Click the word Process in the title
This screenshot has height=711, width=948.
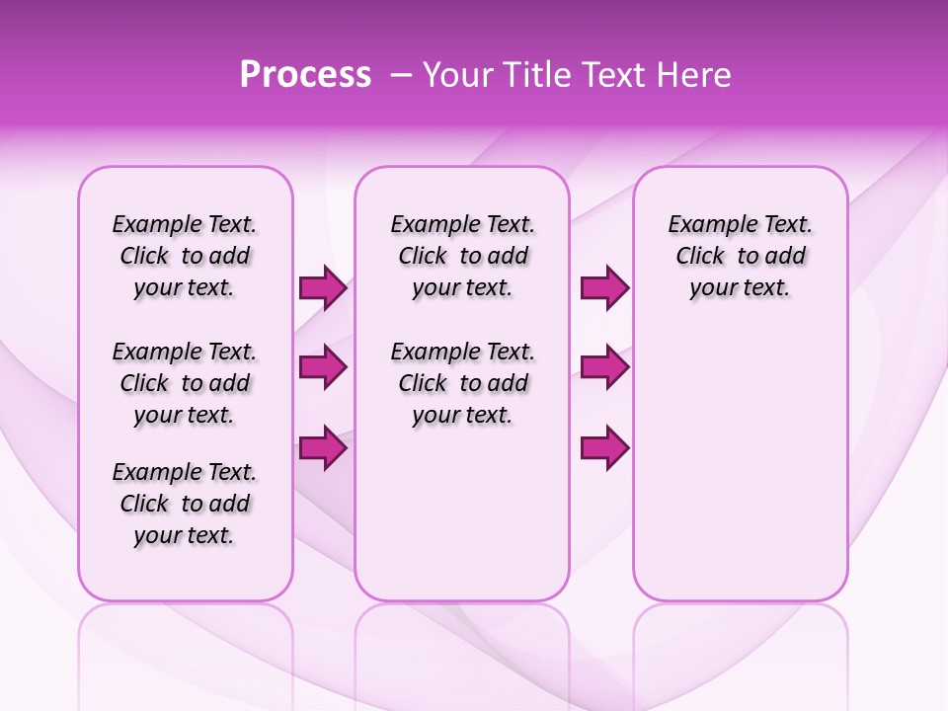point(305,75)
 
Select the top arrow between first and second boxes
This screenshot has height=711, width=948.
point(323,288)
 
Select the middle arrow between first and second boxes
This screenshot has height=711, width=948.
point(323,367)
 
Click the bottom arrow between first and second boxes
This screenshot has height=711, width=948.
point(323,447)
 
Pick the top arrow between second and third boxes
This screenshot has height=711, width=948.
point(604,288)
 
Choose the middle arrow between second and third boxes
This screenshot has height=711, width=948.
point(604,367)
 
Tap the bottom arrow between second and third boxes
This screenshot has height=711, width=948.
point(604,447)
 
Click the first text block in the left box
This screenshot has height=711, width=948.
point(185,256)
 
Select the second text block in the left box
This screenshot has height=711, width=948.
point(185,383)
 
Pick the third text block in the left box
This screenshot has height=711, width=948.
point(185,504)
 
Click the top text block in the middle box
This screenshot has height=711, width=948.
point(462,256)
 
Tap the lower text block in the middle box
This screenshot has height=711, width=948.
point(462,383)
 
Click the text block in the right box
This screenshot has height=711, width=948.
point(741,256)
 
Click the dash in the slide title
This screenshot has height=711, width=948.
point(401,76)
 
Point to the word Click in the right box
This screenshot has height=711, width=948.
point(700,257)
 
